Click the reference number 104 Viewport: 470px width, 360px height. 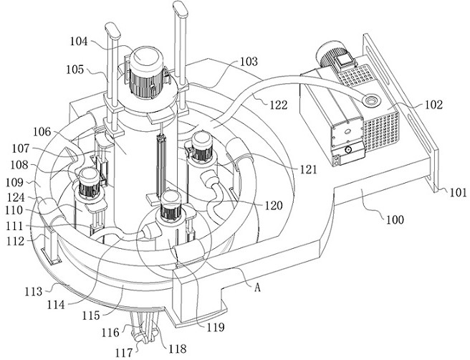pyautogui.click(x=79, y=41)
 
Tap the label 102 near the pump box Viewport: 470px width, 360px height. pyautogui.click(x=433, y=105)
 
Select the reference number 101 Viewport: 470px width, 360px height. pyautogui.click(x=458, y=192)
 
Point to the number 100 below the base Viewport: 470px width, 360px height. pyautogui.click(x=395, y=219)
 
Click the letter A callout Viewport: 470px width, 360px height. pyautogui.click(x=257, y=288)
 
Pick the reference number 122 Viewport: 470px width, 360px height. pyautogui.click(x=279, y=105)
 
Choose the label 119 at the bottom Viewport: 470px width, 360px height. pyautogui.click(x=216, y=327)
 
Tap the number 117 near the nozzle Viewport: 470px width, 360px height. pyautogui.click(x=124, y=353)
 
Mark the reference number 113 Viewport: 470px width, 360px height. pyautogui.click(x=33, y=291)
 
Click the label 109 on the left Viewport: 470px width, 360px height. pyautogui.click(x=14, y=182)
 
